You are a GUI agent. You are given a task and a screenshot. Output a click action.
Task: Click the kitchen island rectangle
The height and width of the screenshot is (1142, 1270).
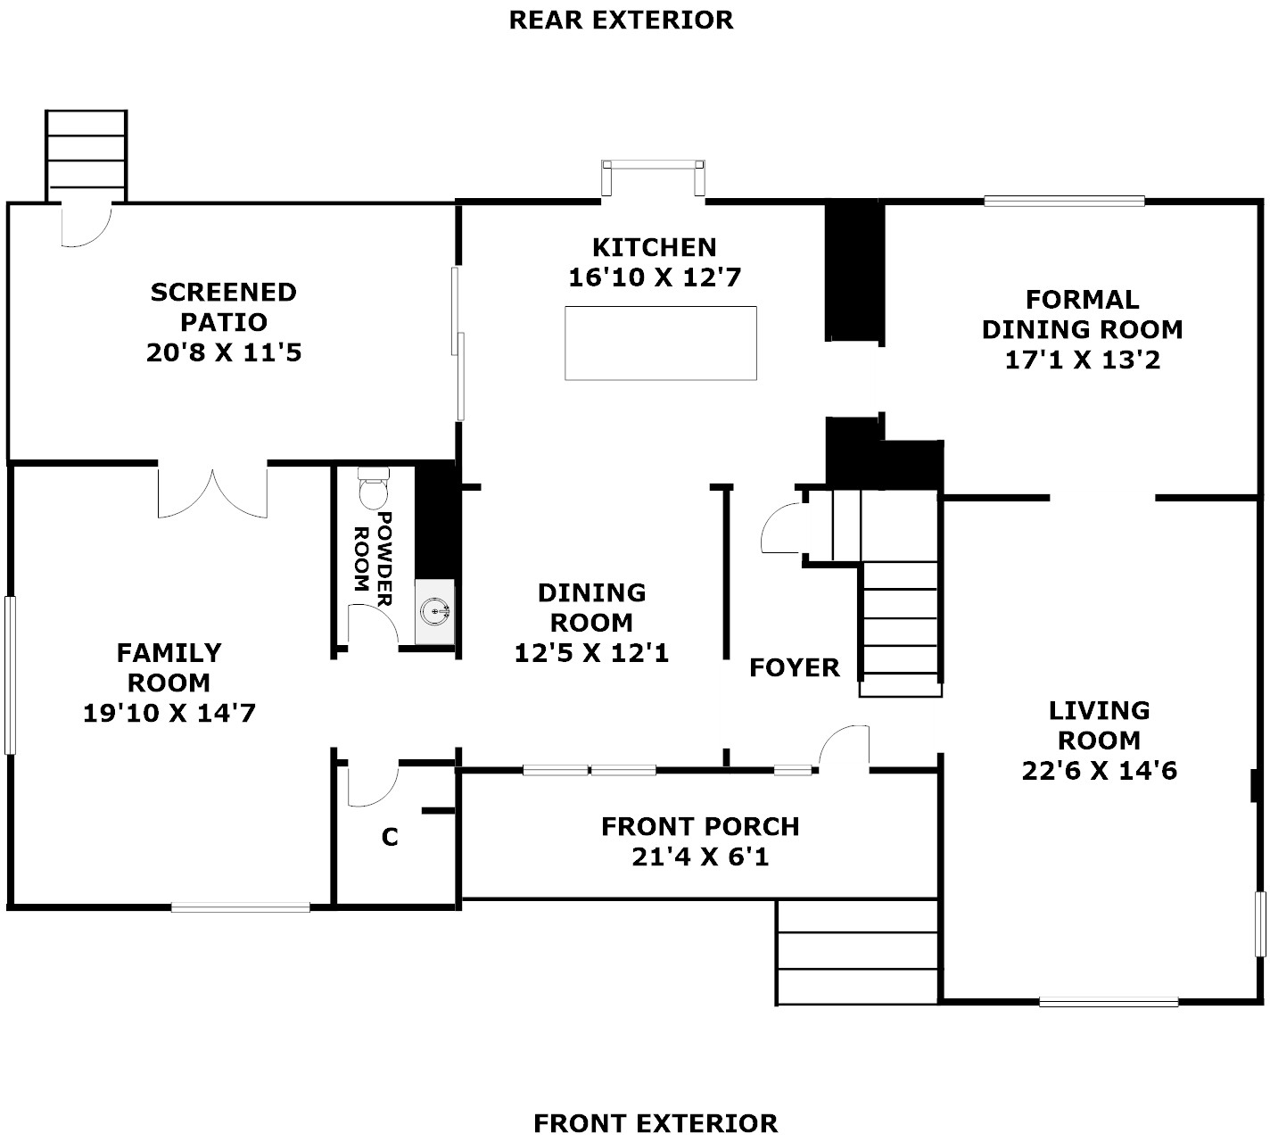pos(660,343)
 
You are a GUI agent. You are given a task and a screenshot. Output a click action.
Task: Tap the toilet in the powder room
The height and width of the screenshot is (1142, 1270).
pos(373,488)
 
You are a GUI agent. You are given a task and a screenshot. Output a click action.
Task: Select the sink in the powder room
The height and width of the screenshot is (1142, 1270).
pos(435,612)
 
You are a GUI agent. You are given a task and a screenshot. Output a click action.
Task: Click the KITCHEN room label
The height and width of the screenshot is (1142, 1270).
pos(654,247)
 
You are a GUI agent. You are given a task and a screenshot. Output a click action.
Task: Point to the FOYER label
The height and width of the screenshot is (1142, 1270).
pos(795,667)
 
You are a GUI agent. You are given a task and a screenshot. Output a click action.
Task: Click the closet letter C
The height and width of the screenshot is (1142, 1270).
pos(390,838)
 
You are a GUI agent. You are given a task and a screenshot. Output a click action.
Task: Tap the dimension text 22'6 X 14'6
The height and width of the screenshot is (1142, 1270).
pos(1099,770)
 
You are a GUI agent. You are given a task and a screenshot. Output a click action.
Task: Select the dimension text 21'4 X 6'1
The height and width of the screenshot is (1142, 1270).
pos(700,856)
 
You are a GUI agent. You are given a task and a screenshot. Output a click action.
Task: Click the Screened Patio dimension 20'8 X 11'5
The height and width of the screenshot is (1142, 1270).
pos(224,352)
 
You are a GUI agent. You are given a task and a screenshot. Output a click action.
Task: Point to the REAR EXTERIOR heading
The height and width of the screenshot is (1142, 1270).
pos(621,21)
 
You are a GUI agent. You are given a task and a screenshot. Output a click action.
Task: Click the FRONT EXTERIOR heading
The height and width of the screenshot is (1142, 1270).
pos(656,1123)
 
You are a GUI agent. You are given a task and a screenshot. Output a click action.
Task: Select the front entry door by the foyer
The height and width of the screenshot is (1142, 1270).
pos(844,748)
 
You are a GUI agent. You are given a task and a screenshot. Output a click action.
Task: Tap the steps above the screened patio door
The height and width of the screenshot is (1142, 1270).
pos(87,156)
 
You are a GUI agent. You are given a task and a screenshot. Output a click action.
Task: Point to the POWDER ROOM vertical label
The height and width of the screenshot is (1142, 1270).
pos(374,559)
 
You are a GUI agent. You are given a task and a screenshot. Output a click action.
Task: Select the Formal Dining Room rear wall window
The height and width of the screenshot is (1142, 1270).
pos(1064,202)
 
